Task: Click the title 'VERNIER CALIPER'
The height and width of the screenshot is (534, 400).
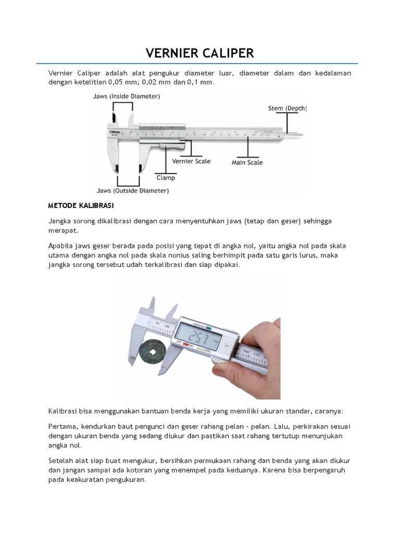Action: click(x=200, y=53)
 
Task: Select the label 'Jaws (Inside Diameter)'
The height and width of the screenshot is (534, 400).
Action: click(x=127, y=96)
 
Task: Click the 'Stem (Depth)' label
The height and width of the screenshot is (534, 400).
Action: click(x=287, y=108)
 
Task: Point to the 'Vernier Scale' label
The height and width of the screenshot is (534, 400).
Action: click(x=191, y=161)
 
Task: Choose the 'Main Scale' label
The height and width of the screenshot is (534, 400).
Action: click(x=247, y=163)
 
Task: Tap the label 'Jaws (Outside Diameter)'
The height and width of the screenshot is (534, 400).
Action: click(x=132, y=191)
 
